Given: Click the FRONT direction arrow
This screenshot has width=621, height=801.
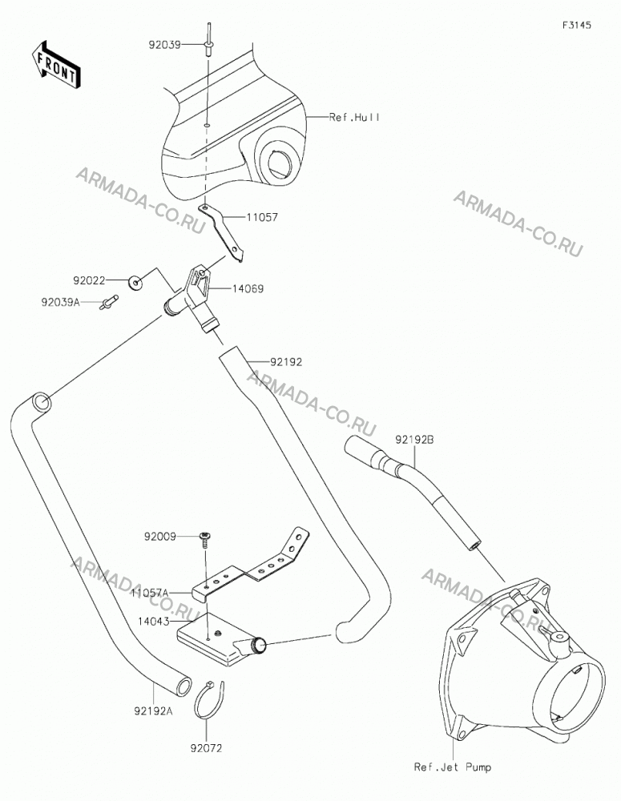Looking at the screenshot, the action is tap(54, 64).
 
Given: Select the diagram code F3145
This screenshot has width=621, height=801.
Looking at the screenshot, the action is tap(577, 25).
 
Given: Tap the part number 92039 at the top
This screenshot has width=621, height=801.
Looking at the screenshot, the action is tap(164, 45).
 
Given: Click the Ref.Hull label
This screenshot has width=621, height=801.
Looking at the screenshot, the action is tap(354, 118).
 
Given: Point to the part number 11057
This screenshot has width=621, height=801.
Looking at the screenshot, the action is tap(262, 217).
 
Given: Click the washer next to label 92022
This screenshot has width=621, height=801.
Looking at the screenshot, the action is tap(135, 281).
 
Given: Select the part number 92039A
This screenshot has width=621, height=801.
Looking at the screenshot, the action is tap(61, 303).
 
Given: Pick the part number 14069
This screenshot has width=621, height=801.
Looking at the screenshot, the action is tap(248, 289).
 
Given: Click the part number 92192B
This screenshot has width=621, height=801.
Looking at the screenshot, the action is tap(414, 439).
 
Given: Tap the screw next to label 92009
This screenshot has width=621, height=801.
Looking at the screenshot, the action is tap(205, 539).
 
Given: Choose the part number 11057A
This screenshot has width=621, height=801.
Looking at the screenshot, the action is tap(149, 593).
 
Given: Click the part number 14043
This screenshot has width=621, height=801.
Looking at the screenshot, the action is tap(153, 622).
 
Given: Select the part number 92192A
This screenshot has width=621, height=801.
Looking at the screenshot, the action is tap(154, 710).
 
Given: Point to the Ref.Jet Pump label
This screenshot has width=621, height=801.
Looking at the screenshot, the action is tap(453, 767).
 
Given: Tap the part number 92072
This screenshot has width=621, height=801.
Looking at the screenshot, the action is tap(207, 749).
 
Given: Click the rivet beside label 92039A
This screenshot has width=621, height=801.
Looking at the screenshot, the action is tap(110, 301).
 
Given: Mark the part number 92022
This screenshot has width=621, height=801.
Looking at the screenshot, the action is tap(89, 280).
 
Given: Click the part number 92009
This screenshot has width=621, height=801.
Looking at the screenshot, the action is tap(160, 537).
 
